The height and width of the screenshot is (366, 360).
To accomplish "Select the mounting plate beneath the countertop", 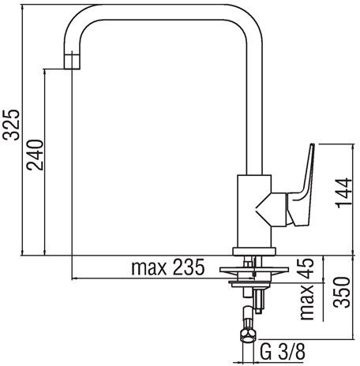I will pyautogui.click(x=253, y=275).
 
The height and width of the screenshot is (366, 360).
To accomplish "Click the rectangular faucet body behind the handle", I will pyautogui.click(x=251, y=209).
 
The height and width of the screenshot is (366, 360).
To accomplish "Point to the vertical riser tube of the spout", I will pyautogui.click(x=251, y=103).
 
